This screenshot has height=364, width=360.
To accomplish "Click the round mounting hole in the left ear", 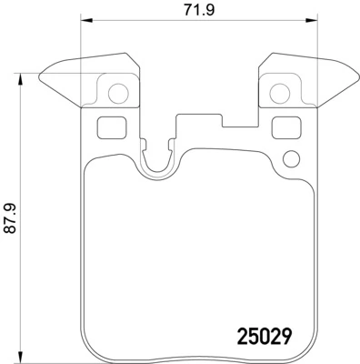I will coord(116,92).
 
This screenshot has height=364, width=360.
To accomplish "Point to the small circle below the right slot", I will coord(290,159).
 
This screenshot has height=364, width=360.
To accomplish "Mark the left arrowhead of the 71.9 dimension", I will coord(84,23).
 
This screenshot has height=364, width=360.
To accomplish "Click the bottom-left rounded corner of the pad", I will coord(88,350).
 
